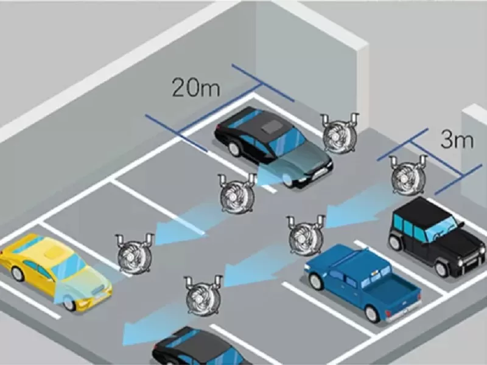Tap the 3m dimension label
point(457,141)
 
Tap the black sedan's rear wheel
point(234,148)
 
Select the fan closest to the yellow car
point(133,253)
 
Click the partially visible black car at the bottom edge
point(195,350)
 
